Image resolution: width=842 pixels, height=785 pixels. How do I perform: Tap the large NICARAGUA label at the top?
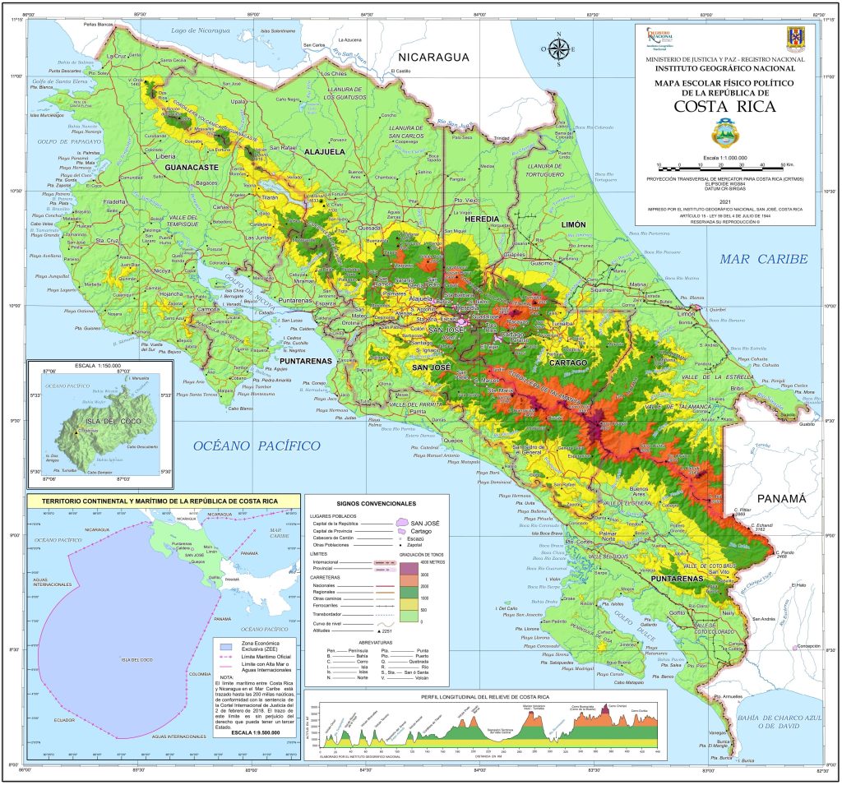coord(433,58)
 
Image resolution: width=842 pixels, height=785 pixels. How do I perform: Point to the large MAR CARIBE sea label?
coord(763,260)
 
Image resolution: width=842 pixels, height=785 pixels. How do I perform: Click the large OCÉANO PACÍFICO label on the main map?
coord(256,445)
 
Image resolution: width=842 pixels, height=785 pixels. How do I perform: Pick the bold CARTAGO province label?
coord(568,362)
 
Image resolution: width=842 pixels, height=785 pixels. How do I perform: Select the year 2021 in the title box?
coord(724,201)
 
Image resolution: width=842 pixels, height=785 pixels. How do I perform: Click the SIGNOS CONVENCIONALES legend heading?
coord(377,502)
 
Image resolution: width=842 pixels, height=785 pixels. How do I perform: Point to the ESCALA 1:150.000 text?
coord(74,365)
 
